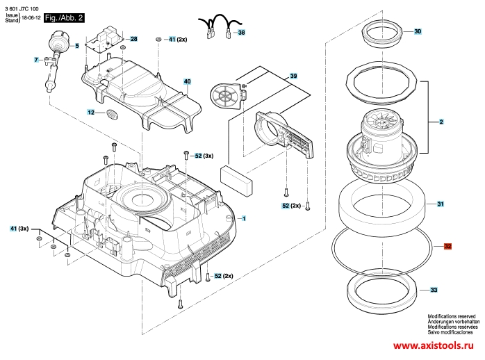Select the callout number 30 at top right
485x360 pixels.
pos(418,31)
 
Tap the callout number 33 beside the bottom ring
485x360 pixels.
pos(434,290)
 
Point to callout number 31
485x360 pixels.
pos(440,204)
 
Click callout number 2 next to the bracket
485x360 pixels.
pos(441,122)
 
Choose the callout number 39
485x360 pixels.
pos(293,76)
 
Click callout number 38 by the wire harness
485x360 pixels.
pos(241,32)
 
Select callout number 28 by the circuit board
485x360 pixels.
pos(133,39)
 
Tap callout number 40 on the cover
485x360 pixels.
pos(188,81)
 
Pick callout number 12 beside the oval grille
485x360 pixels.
pos(90,113)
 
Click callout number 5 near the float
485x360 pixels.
pos(77,46)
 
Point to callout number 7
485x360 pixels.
pos(36,60)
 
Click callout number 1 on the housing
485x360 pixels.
pos(244,219)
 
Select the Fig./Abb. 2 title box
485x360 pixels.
pos(64,18)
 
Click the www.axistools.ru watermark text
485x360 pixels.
pos(433,345)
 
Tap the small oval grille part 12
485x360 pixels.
pos(113,114)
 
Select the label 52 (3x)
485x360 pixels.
pos(204,156)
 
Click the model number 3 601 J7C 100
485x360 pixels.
pos(22,9)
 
